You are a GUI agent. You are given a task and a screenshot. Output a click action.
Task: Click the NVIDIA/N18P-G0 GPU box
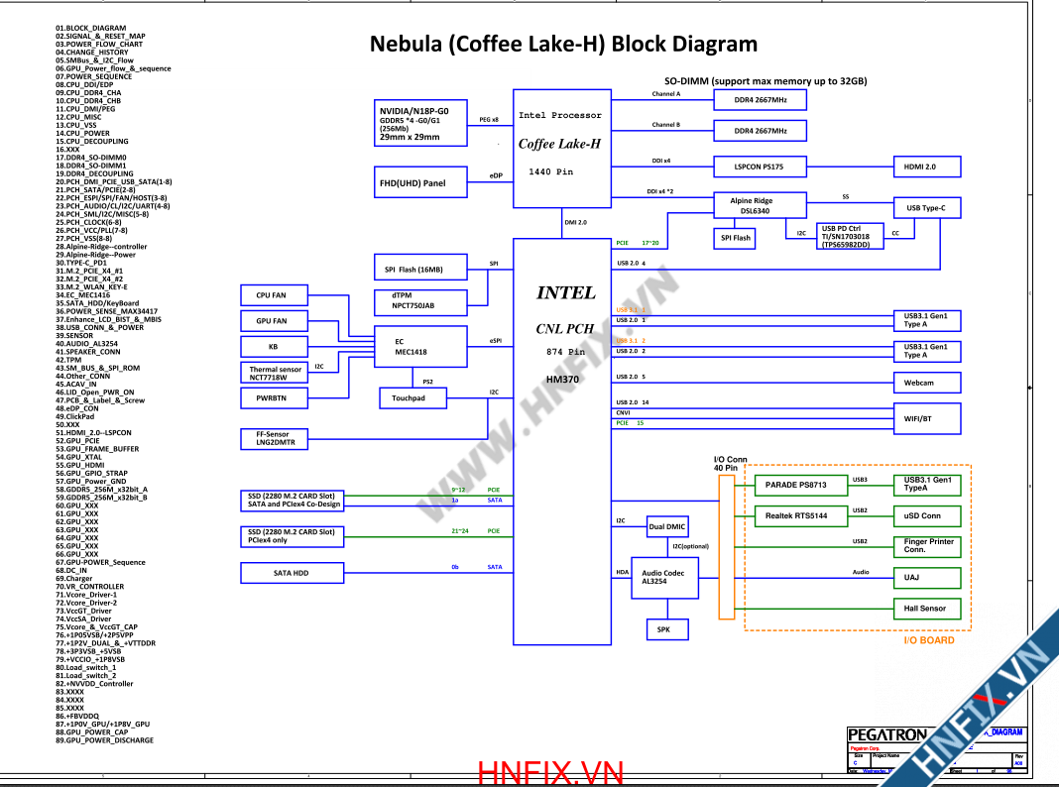tap(420, 123)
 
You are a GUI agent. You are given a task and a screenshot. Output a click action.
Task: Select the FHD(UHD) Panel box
tap(420, 182)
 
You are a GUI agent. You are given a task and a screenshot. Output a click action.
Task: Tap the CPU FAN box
tap(271, 295)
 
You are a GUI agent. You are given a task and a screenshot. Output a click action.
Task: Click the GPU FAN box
tap(271, 321)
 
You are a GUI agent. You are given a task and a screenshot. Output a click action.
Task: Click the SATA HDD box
tap(291, 573)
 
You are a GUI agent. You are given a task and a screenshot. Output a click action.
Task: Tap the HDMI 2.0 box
tap(927, 167)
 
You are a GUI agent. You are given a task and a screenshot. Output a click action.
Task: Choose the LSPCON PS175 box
tap(760, 167)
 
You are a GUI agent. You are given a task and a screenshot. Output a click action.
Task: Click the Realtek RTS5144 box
tap(795, 515)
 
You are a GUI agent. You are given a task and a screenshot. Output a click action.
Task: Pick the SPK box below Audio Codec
tap(664, 629)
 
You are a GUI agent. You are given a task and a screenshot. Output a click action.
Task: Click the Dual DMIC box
tap(667, 527)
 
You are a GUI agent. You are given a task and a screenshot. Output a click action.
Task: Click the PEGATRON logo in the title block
tap(887, 735)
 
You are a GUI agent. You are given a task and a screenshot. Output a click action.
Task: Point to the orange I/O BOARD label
tap(928, 640)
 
